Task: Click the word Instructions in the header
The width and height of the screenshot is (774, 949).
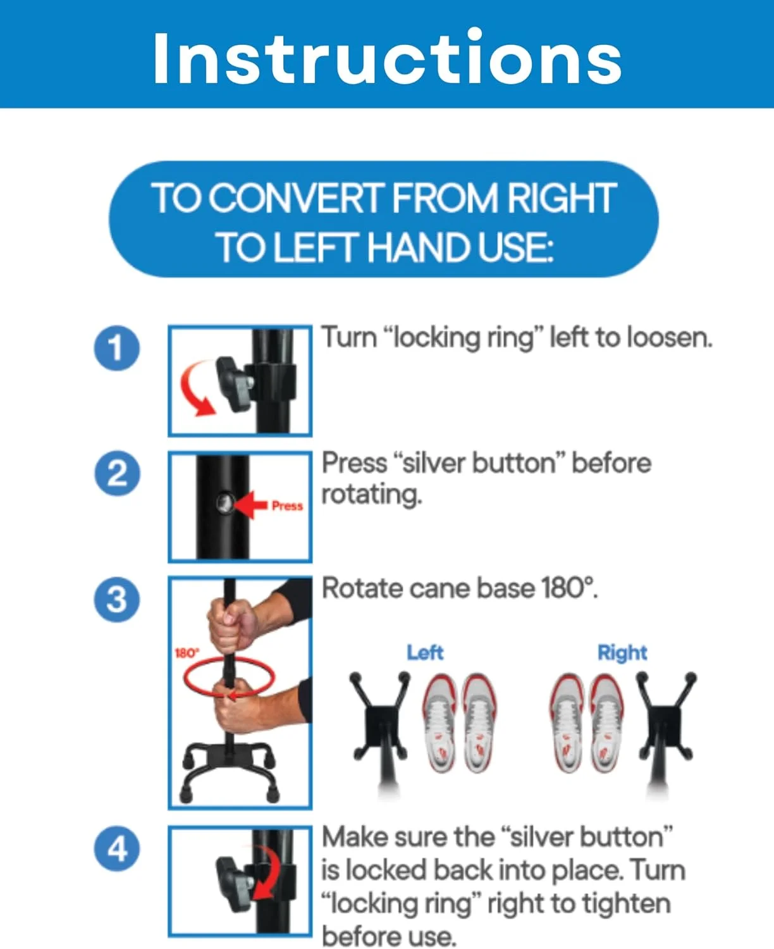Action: click(387, 58)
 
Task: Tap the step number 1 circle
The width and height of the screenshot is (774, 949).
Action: click(117, 348)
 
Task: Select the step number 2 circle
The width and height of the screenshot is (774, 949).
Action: click(117, 473)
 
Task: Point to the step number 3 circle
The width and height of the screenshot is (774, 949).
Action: click(117, 599)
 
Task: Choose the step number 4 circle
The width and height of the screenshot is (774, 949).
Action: click(117, 848)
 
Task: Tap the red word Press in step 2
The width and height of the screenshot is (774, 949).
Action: click(287, 506)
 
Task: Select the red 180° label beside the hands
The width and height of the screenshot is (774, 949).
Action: click(187, 652)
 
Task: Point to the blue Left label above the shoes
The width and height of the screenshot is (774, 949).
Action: click(425, 652)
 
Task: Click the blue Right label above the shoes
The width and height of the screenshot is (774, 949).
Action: click(622, 652)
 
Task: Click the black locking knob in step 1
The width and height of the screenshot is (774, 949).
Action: click(233, 384)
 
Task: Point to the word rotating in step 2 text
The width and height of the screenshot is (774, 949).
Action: click(372, 494)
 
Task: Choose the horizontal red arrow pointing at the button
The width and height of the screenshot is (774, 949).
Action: click(250, 505)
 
